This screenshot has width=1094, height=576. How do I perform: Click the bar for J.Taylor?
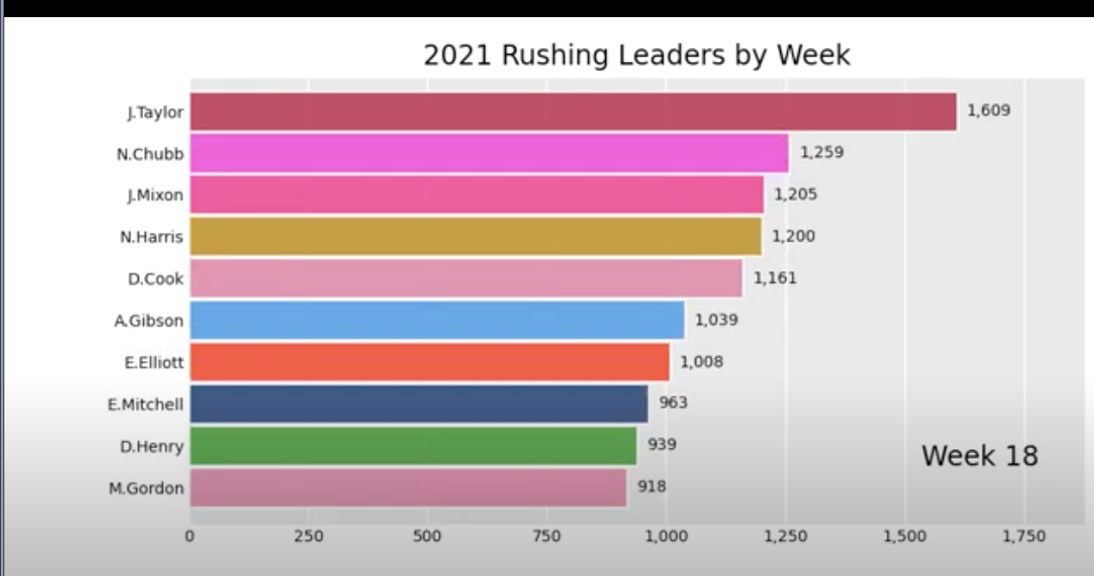[573, 111]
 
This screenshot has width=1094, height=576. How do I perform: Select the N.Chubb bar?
[489, 153]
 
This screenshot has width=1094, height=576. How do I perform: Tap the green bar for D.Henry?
[412, 446]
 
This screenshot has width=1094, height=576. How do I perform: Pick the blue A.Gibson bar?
[436, 321]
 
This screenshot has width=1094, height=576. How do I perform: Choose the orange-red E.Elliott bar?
[429, 362]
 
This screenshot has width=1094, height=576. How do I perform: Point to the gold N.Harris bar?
[475, 237]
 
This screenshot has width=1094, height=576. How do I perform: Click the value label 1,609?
[989, 111]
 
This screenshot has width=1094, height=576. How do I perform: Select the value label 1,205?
[796, 195]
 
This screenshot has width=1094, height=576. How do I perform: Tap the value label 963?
[673, 403]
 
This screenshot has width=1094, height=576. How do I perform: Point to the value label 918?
[652, 487]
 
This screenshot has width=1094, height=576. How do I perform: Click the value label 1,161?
[775, 279]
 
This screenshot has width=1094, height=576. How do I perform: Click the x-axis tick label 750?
[547, 537]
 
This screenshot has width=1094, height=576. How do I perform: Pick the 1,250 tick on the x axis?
[785, 537]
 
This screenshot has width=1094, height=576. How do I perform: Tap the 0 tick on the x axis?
[189, 537]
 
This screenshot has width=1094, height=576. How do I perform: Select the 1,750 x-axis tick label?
[1024, 537]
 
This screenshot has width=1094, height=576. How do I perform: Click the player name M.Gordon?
[146, 489]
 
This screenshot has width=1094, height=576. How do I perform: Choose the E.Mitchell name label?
[146, 405]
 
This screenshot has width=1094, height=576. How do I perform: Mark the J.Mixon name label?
[154, 195]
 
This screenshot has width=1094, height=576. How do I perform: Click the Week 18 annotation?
[979, 455]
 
